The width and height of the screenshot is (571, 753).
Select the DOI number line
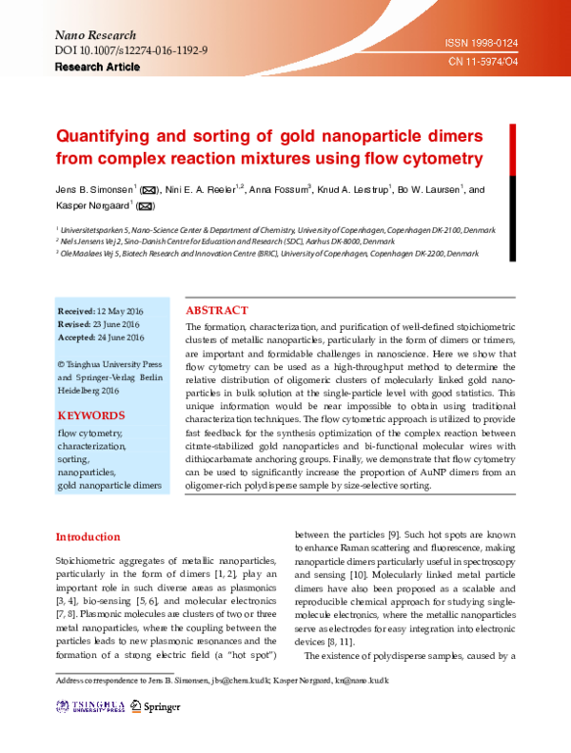point(132,49)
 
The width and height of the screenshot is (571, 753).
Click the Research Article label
point(97,68)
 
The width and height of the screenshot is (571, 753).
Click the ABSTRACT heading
point(217,311)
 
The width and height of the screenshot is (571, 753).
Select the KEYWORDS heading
point(90,415)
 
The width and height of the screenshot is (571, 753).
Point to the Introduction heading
point(88,537)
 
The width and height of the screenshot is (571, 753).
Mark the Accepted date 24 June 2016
point(100,337)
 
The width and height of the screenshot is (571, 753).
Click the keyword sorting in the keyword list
point(73,458)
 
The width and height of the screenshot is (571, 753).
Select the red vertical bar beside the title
point(514,145)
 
